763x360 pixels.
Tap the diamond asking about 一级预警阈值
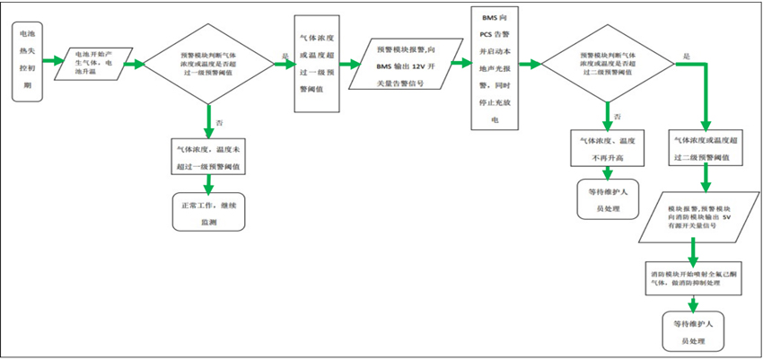pos(208,61)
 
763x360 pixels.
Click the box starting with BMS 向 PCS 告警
pos(495,67)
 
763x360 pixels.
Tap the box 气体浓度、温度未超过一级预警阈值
pos(207,158)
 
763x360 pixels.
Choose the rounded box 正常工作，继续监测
pos(207,211)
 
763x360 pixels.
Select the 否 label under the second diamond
pos(617,117)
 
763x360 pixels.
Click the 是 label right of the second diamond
pos(686,56)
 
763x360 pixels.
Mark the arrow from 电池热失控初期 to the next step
pos(48,61)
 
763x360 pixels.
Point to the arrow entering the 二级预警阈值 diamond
pos(531,63)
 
